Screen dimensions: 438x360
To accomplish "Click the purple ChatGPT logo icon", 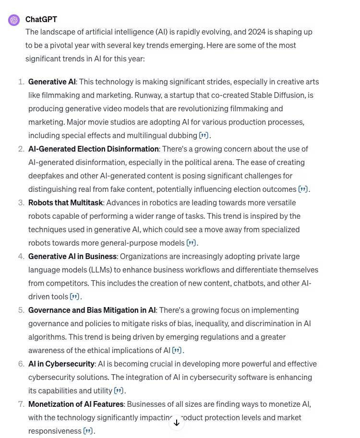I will coord(14,20).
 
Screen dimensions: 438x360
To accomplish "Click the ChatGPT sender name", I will coord(41,19).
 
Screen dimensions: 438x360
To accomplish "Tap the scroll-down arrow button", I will coord(177,423).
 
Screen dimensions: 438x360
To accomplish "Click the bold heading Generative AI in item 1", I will coord(52,82).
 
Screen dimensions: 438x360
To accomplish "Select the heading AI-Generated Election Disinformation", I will coord(93,149).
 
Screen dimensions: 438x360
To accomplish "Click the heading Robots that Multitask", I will coord(66,202).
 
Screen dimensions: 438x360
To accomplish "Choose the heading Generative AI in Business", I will coord(72,256).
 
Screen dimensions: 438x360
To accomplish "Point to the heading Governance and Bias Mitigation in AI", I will coord(92,310).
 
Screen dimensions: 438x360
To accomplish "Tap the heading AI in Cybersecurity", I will coord(61,364).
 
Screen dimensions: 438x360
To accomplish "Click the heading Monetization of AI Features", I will coord(76,404).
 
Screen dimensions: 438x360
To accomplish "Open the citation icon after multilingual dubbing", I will coord(204,135).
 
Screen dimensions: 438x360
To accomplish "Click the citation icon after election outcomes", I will coord(303,189).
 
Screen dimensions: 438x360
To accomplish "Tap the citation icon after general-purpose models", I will coord(191,243).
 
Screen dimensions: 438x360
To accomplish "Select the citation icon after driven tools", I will coord(74,296).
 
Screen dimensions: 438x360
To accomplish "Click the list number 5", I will coord(21,310).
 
